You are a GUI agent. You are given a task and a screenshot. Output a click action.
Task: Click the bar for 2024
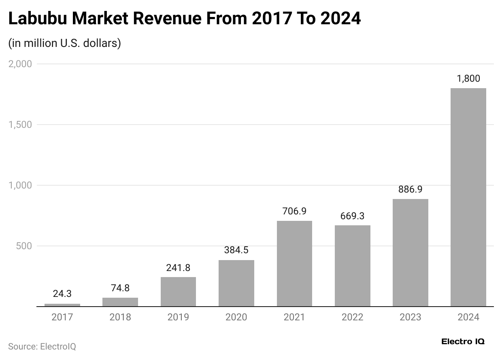468,197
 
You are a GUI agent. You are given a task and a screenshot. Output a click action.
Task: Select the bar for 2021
294,263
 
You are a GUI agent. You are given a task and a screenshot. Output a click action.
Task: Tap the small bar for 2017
62,305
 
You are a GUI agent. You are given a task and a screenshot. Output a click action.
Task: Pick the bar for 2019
178,292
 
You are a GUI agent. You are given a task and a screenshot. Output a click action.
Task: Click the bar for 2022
352,266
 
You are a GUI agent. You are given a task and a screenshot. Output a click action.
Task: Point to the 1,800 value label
468,79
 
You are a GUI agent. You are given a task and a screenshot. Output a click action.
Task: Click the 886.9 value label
410,189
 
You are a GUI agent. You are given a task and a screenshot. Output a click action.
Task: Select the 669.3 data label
352,216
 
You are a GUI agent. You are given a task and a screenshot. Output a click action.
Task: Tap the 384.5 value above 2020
236,250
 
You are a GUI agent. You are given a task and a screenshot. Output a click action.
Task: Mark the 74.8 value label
120,288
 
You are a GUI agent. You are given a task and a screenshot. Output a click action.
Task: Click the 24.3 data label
62,294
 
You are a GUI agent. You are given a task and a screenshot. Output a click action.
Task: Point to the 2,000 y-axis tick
20,64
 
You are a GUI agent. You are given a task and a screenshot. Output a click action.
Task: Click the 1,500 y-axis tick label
20,125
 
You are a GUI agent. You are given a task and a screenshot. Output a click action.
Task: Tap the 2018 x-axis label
120,317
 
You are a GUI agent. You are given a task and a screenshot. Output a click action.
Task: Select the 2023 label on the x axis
410,317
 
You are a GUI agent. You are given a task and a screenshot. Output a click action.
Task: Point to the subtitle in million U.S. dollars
64,43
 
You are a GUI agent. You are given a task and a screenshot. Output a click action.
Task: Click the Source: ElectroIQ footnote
42,347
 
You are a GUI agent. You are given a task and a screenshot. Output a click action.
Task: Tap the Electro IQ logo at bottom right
463,341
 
